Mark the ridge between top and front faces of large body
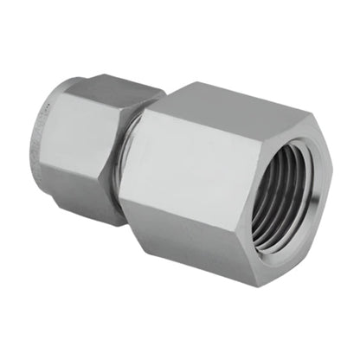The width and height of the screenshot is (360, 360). tap(195, 121)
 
